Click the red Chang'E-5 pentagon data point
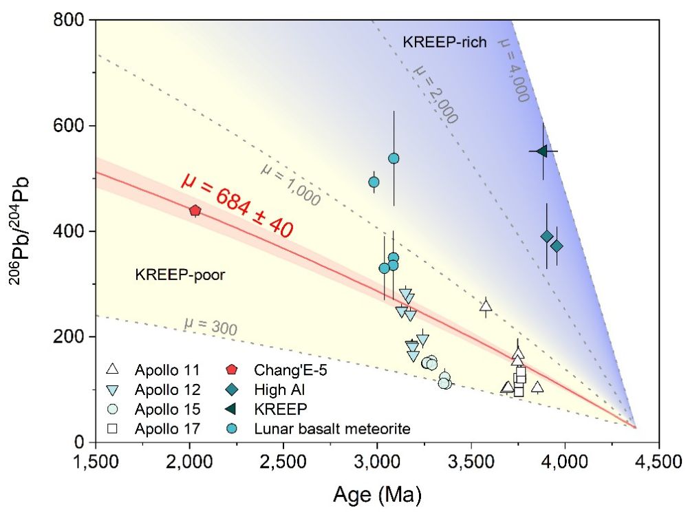195,210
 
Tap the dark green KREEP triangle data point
541,151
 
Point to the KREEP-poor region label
181,275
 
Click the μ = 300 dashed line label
211,327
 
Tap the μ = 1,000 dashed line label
290,184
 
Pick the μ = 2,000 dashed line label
436,94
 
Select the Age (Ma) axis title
377,493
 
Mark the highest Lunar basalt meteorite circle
394,158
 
